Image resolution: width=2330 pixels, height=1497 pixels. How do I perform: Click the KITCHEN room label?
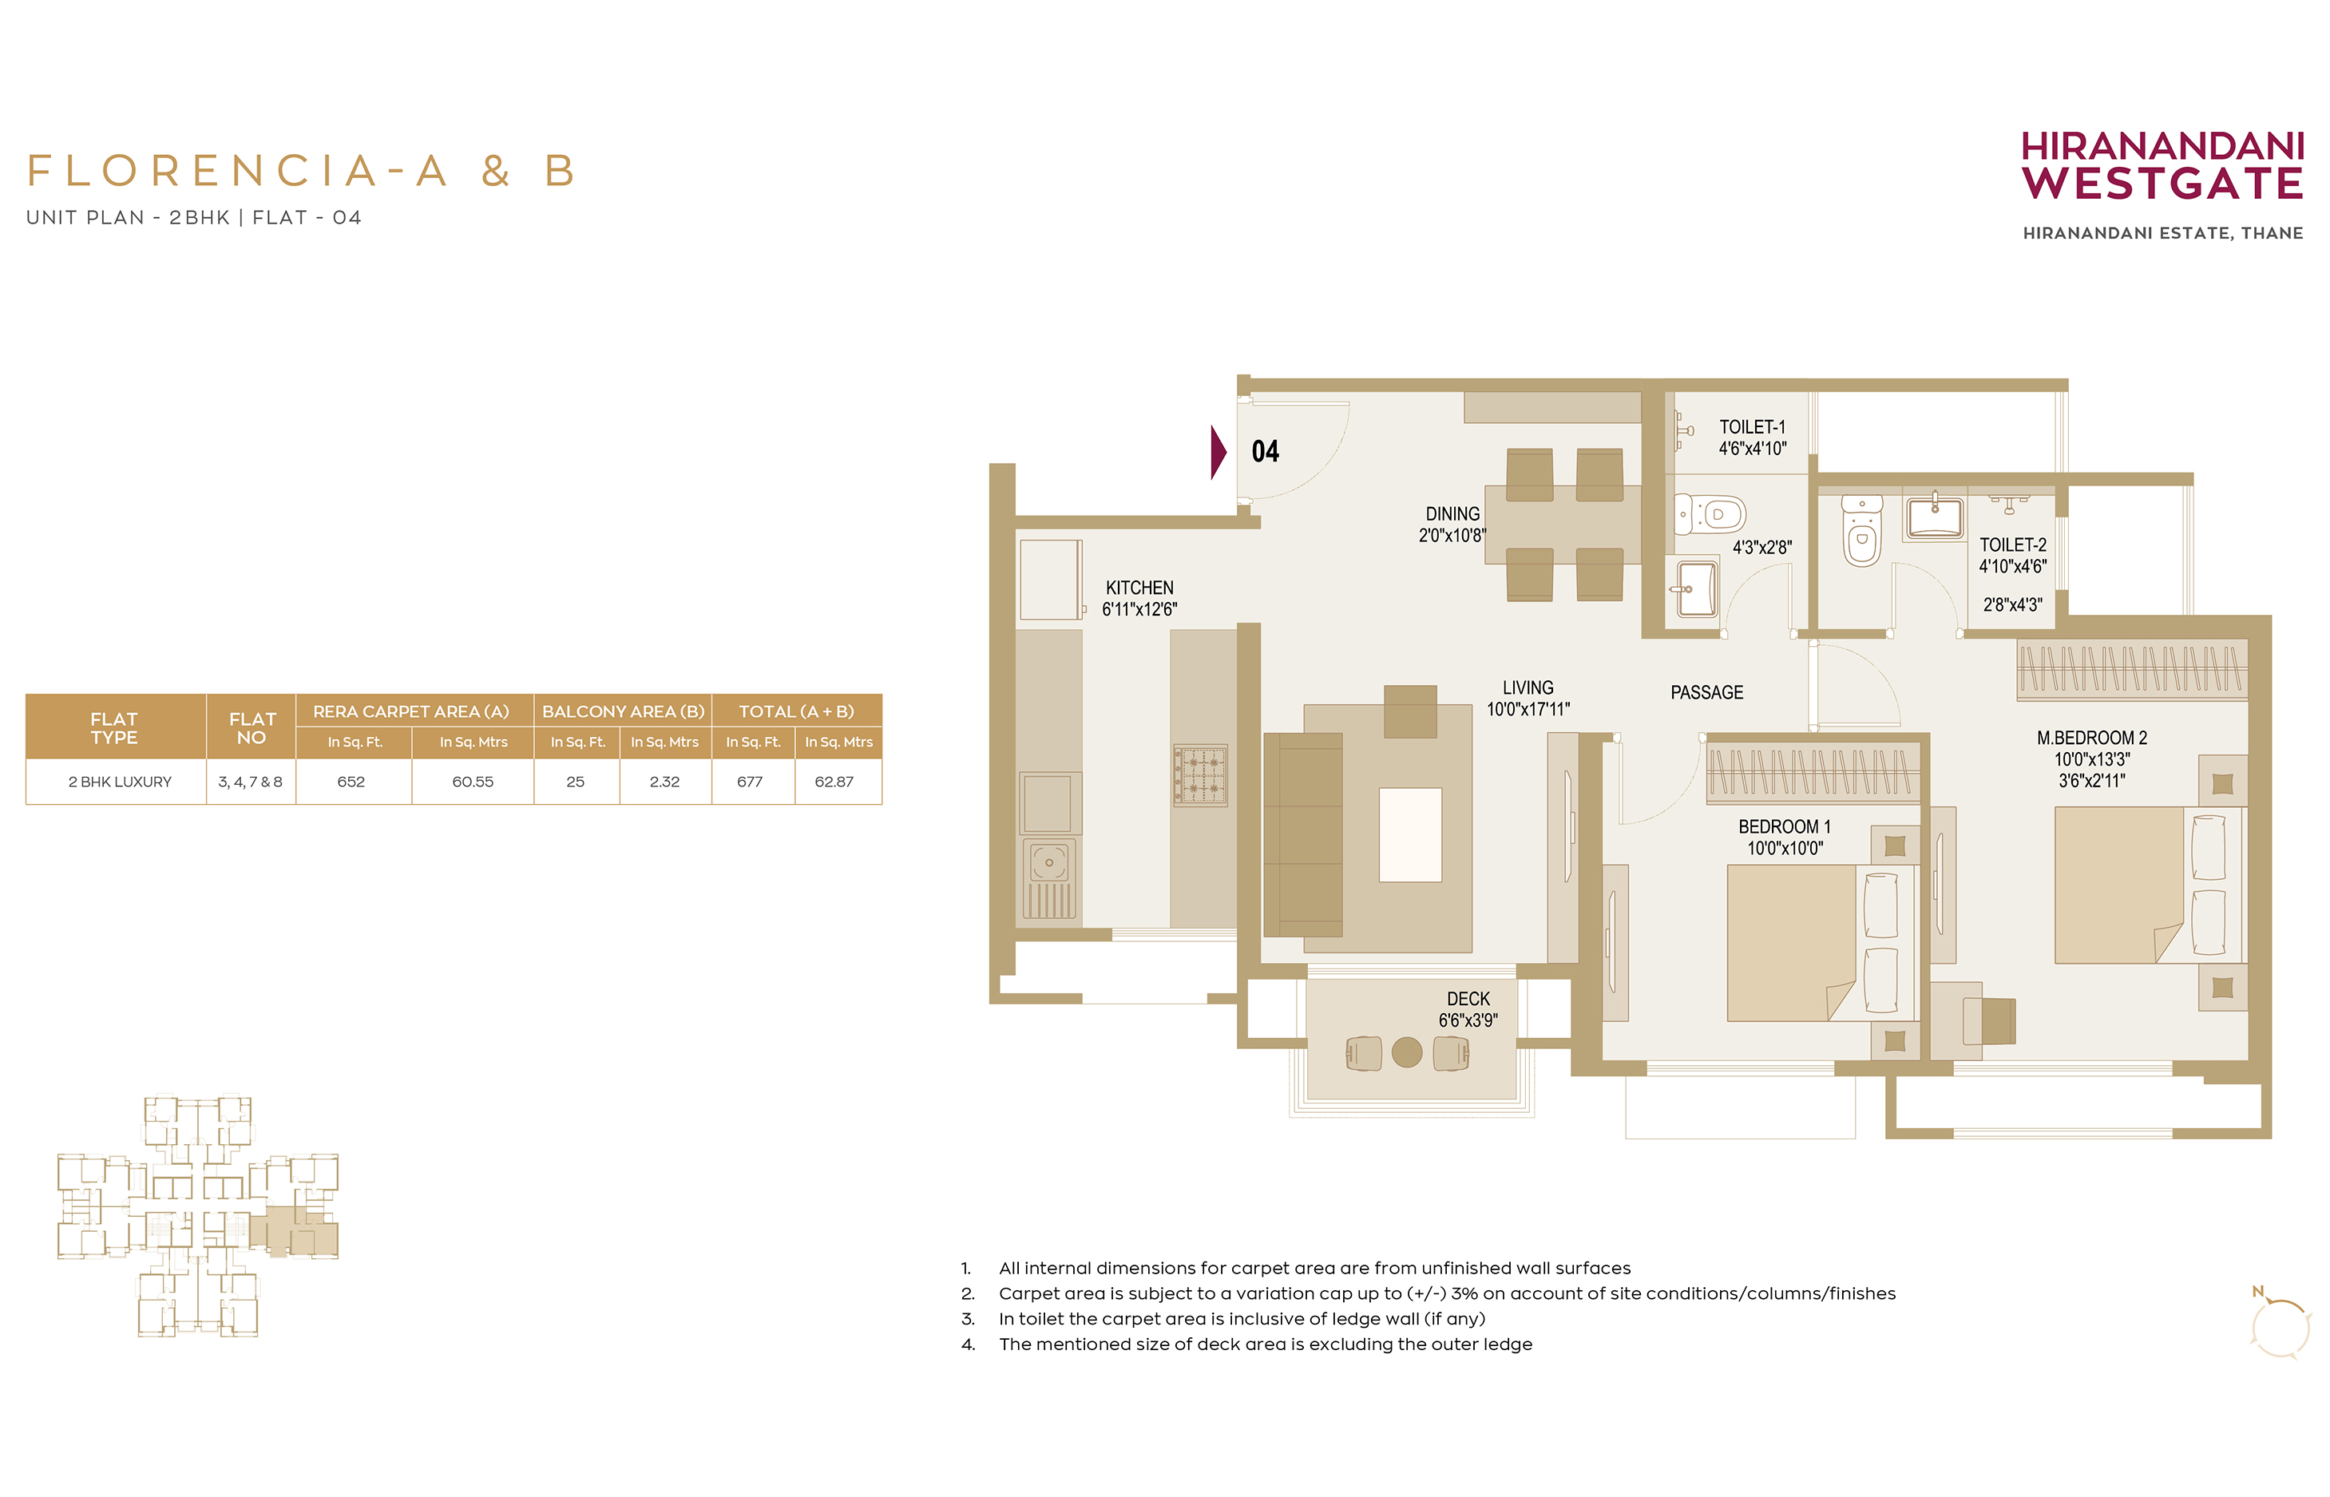[1139, 588]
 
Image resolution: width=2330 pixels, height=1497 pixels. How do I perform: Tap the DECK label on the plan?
[1468, 1000]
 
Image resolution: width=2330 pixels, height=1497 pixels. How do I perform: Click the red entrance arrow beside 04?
[1218, 452]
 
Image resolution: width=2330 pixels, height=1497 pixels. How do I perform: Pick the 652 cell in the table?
[351, 782]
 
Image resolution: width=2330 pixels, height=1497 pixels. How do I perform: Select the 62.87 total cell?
[834, 782]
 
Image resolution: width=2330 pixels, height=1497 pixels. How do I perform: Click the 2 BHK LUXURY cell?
[120, 782]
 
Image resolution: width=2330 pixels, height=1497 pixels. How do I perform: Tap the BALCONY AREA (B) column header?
[623, 711]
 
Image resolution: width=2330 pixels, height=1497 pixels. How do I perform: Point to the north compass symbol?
[2278, 1324]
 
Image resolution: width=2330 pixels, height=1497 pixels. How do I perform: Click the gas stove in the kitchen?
[1200, 774]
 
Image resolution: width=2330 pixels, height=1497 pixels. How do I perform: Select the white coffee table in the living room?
[1409, 835]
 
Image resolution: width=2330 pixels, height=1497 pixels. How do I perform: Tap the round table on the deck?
[1407, 1051]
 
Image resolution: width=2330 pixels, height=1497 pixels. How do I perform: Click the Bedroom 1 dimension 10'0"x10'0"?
[1785, 849]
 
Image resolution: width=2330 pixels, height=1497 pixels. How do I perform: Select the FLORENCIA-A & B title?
[301, 171]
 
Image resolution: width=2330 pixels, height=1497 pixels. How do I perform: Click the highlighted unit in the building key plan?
[294, 1232]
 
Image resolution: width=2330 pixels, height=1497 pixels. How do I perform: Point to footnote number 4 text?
[1265, 1345]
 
